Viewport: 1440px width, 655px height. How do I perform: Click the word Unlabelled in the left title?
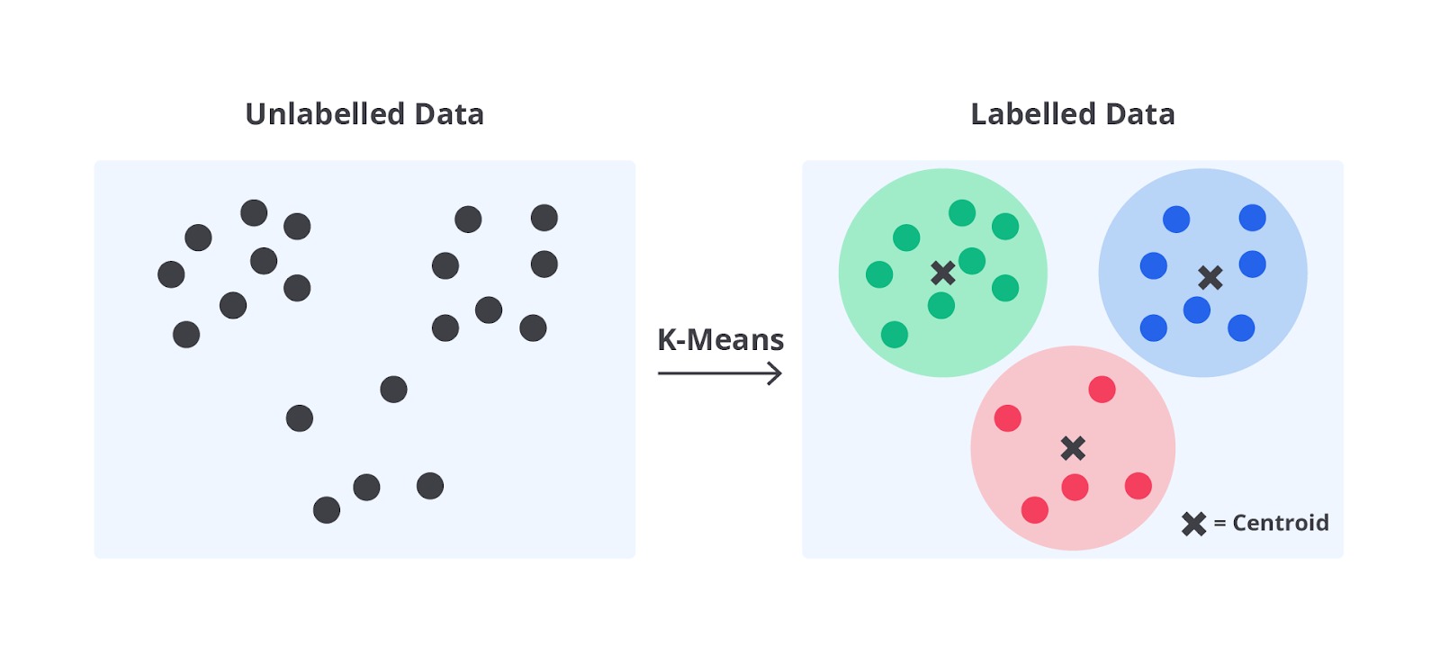(x=324, y=114)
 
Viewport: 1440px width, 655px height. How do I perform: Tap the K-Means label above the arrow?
(x=720, y=340)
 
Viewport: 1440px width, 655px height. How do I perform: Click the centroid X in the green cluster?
(x=943, y=274)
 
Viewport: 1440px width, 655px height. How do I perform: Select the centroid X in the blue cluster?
(x=1210, y=278)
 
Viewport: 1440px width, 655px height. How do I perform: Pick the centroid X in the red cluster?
(x=1073, y=448)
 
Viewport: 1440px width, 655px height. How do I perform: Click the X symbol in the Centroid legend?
(x=1193, y=524)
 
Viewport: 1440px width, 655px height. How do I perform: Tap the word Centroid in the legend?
(x=1280, y=524)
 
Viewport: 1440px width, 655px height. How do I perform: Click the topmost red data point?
(x=1102, y=390)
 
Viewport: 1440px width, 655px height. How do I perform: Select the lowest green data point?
(x=895, y=335)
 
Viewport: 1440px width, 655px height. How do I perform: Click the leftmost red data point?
(x=1007, y=418)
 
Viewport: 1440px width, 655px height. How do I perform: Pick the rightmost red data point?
(x=1138, y=486)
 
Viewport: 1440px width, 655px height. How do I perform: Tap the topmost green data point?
(x=962, y=212)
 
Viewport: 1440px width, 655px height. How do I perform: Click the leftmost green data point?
(x=879, y=274)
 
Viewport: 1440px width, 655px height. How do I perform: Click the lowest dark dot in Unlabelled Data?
(x=327, y=510)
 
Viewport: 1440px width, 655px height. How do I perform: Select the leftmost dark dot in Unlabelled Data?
(x=171, y=274)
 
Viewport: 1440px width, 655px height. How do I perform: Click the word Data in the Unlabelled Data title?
(x=449, y=114)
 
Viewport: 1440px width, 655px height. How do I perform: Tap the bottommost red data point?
(x=1035, y=510)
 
